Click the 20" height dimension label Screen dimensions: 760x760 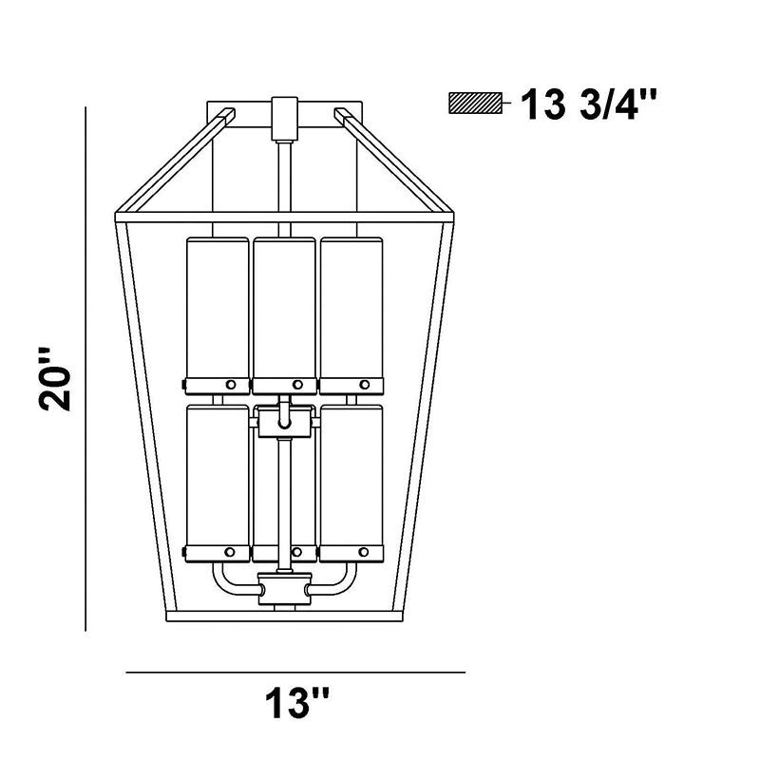click(x=55, y=379)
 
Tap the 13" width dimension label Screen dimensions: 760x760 click(x=296, y=703)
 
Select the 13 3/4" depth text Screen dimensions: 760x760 click(x=588, y=104)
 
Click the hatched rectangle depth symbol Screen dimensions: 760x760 click(x=476, y=104)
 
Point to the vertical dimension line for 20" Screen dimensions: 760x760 click(x=85, y=369)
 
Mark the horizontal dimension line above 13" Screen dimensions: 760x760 click(x=295, y=673)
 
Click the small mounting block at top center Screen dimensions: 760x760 click(x=284, y=119)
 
